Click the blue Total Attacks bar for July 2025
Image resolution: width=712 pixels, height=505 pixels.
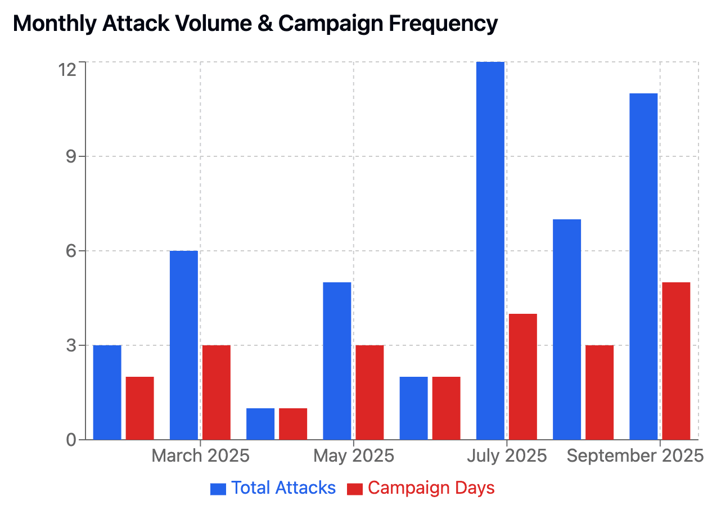(x=490, y=251)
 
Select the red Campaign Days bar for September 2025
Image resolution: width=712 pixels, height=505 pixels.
(x=676, y=360)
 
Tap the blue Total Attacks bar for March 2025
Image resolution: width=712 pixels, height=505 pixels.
(x=184, y=345)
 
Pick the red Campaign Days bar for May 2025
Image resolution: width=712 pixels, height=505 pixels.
(x=369, y=392)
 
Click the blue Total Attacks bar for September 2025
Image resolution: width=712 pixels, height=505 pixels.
(x=643, y=266)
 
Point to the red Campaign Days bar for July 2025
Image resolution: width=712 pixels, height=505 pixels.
(x=522, y=376)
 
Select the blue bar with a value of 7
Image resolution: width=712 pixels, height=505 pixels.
(x=567, y=329)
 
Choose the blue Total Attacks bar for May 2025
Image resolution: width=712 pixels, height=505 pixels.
(x=337, y=360)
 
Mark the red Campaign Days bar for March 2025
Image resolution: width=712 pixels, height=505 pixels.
(x=217, y=392)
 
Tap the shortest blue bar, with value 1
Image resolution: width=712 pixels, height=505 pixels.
(x=260, y=423)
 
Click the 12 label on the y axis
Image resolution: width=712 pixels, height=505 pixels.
(x=67, y=70)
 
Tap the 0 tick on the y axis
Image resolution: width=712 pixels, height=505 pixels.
(x=71, y=440)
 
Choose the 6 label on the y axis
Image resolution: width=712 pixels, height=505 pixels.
(x=71, y=251)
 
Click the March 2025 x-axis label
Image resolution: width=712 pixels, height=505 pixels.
(x=200, y=456)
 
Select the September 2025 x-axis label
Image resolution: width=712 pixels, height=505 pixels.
(x=635, y=456)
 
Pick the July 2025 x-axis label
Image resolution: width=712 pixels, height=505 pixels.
(x=507, y=456)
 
